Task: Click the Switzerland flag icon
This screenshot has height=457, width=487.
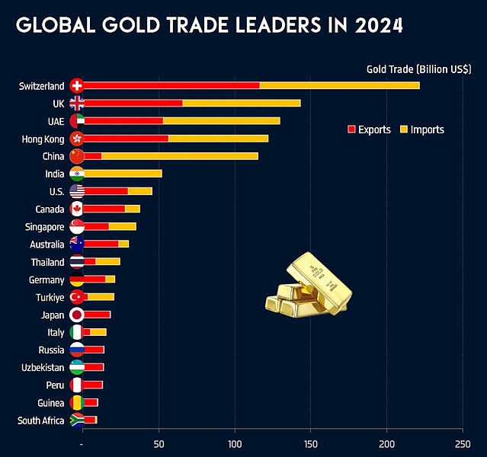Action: click(76, 85)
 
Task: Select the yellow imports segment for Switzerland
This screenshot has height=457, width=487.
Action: click(339, 85)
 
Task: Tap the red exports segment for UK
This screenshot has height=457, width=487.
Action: click(133, 103)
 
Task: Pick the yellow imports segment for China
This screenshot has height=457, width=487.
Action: click(179, 155)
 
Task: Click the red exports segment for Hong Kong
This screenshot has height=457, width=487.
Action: click(126, 138)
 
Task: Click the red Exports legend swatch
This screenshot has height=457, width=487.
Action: click(351, 129)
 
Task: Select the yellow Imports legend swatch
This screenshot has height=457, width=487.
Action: click(404, 129)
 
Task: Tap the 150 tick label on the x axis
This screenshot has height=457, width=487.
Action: click(311, 444)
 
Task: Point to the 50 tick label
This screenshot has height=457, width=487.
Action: click(159, 444)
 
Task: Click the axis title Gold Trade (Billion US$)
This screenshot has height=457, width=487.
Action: click(418, 69)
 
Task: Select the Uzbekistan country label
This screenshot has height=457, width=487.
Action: click(42, 367)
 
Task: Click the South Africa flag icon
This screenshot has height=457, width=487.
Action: click(76, 420)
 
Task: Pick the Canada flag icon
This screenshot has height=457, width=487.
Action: click(76, 209)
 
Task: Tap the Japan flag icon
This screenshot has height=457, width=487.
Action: click(76, 315)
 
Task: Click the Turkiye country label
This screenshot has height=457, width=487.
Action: click(48, 297)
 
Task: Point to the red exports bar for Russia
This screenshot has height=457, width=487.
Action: click(94, 350)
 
